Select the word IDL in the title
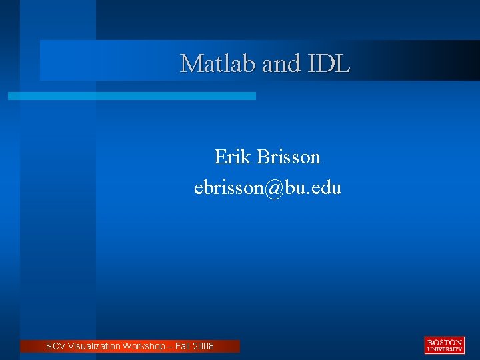coord(329,63)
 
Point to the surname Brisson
coord(288,157)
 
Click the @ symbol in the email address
coord(273,188)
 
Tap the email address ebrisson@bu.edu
coord(267,188)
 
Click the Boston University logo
coord(444,345)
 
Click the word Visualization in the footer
coord(94,346)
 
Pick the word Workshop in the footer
coord(145,346)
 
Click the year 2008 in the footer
coord(204,346)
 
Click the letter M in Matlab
coord(190,63)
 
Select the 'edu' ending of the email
coord(327,188)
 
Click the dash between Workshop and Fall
coord(171,346)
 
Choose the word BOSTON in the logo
coord(444,341)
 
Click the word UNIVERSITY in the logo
coord(444,349)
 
